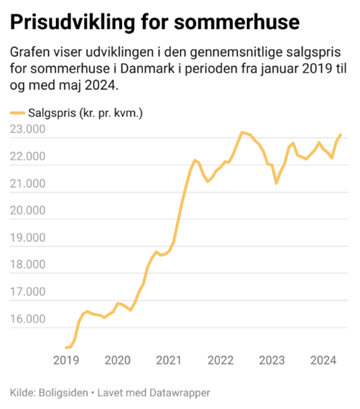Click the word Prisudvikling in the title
pos(73,23)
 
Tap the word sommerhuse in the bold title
pos(237,22)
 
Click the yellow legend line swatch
pos(17,113)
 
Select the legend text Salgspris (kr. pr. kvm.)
pos(86,113)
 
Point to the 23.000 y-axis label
pos(28,129)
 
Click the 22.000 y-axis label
pos(28,156)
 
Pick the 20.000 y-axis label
pos(28,210)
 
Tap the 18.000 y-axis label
pos(28,264)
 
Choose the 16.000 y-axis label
pos(28,319)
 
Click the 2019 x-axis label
pos(66,360)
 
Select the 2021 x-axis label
pos(169,360)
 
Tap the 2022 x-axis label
pos(221,360)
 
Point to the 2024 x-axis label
pos(323,360)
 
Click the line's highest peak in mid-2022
pos(242,132)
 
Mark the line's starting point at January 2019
pos(66,347)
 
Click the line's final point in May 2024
pos(340,134)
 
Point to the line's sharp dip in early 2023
pos(277,183)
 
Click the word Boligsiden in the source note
pos(63,393)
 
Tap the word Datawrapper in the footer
pos(180,393)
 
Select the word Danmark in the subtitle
pos(147,68)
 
